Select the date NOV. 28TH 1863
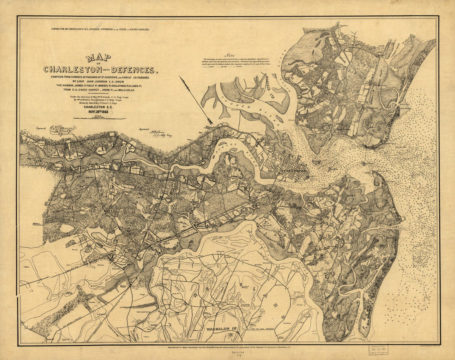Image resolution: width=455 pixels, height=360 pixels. pyautogui.click(x=98, y=111)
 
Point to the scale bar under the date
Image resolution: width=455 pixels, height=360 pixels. pyautogui.click(x=98, y=118)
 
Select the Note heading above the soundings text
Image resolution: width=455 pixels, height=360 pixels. pyautogui.click(x=229, y=55)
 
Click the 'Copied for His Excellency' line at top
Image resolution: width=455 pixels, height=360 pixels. pyautogui.click(x=100, y=30)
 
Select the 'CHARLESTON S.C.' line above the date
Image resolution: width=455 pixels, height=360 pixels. pyautogui.click(x=98, y=105)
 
